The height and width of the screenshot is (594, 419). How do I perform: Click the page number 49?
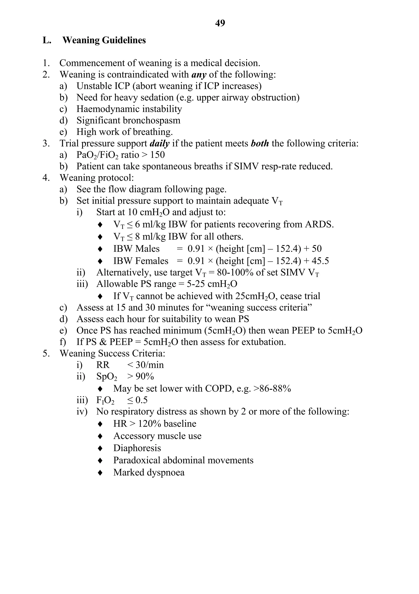(x=220, y=23)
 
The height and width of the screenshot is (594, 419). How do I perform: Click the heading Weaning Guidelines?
(x=104, y=40)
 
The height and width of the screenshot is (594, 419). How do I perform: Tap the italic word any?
(x=199, y=75)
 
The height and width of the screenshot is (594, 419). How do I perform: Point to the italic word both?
(x=260, y=143)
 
